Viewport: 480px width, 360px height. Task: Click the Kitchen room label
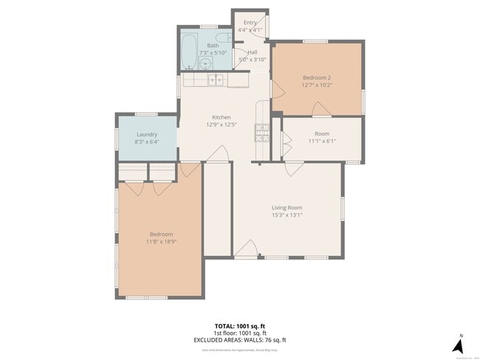222,117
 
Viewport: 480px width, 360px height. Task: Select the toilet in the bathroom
222,36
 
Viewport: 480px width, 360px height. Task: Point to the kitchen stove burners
261,132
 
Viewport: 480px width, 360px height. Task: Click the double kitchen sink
215,80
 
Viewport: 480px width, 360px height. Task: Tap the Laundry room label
147,134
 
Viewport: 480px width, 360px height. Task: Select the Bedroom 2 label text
317,77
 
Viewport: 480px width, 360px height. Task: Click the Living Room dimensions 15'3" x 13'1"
285,215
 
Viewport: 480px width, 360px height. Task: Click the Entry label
250,23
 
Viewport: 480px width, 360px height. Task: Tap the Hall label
253,52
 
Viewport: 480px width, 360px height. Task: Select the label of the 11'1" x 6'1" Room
322,134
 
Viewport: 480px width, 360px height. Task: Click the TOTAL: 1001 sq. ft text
239,325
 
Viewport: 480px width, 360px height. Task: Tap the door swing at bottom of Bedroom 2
320,110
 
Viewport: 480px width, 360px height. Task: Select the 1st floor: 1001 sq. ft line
239,333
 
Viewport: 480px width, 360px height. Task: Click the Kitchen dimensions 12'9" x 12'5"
222,125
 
